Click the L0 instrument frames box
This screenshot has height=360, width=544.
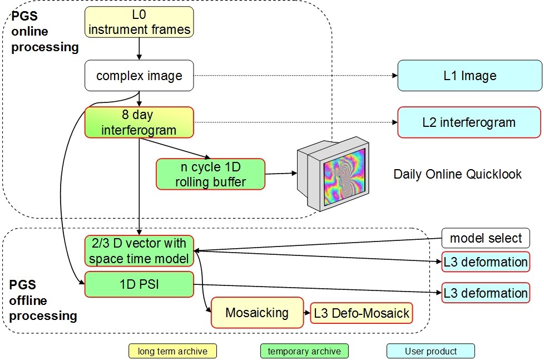(x=139, y=23)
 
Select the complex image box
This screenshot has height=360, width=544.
(x=139, y=76)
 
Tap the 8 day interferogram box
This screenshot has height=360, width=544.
(x=139, y=122)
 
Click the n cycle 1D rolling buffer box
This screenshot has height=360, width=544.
(x=210, y=174)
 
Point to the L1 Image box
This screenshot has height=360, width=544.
(x=469, y=76)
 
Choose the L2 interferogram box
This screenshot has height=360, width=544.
(x=469, y=122)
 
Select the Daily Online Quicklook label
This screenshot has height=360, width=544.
(x=457, y=174)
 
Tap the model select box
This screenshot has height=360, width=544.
(x=486, y=239)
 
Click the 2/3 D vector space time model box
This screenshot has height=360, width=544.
(x=139, y=251)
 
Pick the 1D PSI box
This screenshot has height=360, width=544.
(x=139, y=284)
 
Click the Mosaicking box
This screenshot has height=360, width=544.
(x=257, y=313)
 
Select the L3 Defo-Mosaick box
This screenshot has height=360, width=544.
(x=362, y=313)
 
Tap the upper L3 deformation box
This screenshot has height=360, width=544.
(x=485, y=262)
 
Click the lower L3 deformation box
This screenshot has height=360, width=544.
(x=485, y=293)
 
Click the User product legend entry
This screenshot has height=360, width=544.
(x=431, y=351)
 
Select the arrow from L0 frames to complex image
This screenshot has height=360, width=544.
(x=139, y=49)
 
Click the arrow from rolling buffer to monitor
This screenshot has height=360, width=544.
(x=281, y=174)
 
